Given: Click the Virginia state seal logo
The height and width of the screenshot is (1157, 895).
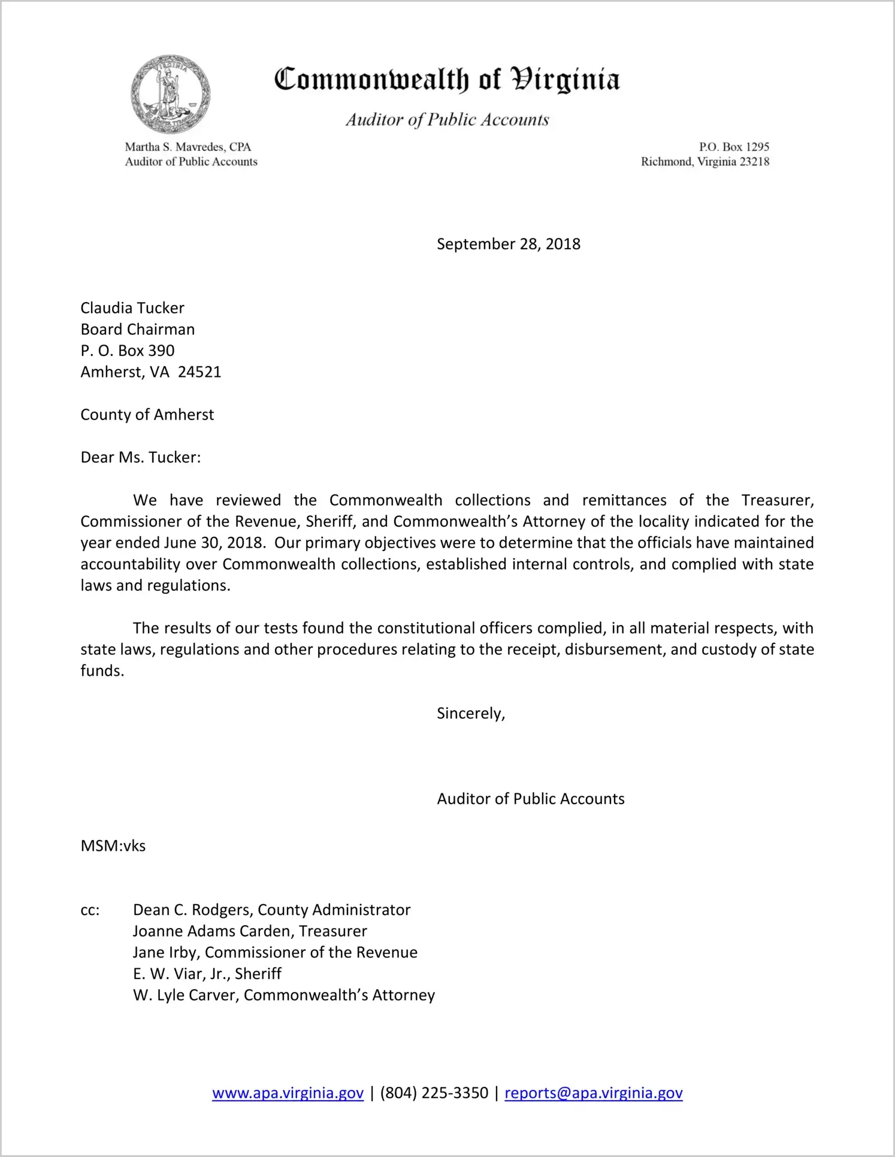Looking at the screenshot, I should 171,94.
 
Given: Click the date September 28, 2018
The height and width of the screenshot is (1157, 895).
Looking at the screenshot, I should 508,244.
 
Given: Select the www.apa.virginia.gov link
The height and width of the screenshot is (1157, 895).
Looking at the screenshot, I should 288,1093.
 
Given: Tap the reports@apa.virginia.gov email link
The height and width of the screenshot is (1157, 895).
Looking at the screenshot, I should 593,1093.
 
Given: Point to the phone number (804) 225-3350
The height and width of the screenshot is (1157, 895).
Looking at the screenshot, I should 434,1093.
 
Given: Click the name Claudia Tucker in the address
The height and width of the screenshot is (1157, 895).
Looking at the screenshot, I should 132,308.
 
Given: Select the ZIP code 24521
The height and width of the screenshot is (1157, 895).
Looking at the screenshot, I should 199,372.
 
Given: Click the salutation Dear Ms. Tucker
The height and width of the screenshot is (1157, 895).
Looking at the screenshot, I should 140,458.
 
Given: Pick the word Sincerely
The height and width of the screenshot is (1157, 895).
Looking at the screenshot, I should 470,714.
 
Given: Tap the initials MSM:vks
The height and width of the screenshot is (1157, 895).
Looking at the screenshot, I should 113,846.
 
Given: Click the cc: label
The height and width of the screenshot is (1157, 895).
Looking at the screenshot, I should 90,910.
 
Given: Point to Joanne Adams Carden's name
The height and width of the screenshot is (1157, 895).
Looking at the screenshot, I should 212,931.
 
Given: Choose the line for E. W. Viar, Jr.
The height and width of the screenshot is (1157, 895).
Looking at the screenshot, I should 207,974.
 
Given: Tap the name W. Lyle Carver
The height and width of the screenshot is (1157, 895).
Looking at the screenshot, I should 186,995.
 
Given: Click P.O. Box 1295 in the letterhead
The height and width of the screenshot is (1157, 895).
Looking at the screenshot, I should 734,147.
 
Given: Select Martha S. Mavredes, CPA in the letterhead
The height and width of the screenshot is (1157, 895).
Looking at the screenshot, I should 188,147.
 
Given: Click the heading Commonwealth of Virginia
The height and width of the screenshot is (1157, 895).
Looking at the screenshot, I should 447,80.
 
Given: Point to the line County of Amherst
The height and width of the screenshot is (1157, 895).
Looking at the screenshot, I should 147,415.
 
